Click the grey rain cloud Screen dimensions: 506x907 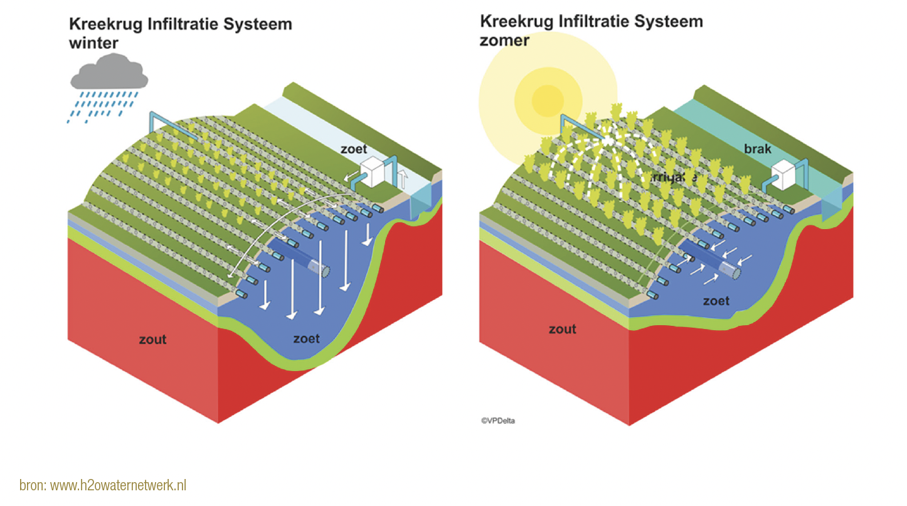tap(109, 74)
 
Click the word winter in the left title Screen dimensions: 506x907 tap(93, 43)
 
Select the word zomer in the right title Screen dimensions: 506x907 tap(505, 40)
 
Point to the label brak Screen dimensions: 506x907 tap(758, 149)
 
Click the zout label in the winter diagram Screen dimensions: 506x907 tap(152, 340)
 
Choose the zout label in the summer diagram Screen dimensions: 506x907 tap(562, 329)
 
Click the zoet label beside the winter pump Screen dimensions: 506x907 tap(354, 149)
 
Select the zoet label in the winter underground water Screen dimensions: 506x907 tap(306, 339)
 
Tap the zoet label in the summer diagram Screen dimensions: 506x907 tap(716, 301)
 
